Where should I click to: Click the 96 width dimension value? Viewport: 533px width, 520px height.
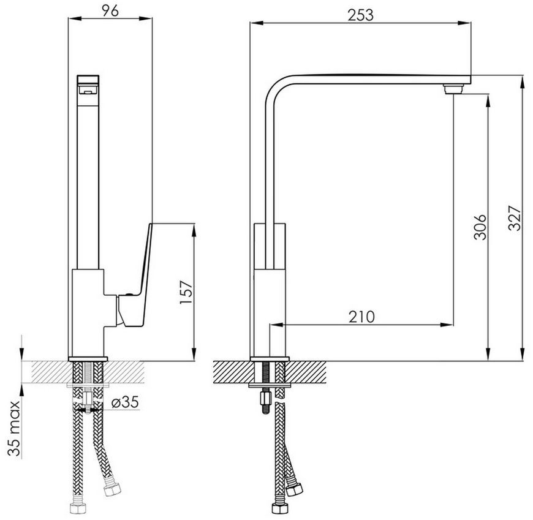pos(110,10)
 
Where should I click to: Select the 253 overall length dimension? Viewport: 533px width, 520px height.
pos(360,15)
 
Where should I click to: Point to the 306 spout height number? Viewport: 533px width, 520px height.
pos(480,227)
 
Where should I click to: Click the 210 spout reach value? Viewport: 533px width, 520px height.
pos(361,317)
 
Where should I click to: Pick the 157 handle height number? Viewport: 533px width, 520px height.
pos(186,292)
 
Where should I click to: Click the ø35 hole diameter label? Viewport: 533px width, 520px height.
pos(125,402)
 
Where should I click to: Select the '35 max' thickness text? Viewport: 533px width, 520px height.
pos(13,428)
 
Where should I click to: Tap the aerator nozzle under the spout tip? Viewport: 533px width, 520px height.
pos(453,89)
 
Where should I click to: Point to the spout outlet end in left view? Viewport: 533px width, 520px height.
pos(88,85)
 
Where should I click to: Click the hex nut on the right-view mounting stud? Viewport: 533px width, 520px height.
pos(265,398)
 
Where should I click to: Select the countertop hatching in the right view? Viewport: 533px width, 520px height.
pos(270,372)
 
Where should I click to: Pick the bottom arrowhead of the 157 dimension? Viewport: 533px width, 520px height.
pos(194,354)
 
